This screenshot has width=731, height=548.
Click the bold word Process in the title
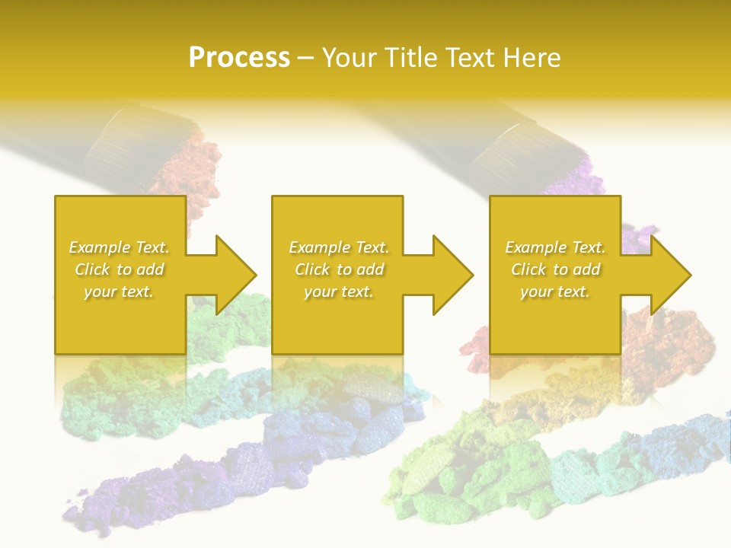coord(239,58)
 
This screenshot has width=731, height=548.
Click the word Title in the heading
coord(410,58)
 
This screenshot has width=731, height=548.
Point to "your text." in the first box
coord(119,292)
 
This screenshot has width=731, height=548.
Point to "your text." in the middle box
coord(338,292)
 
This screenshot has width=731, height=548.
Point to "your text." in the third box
coord(554,292)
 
